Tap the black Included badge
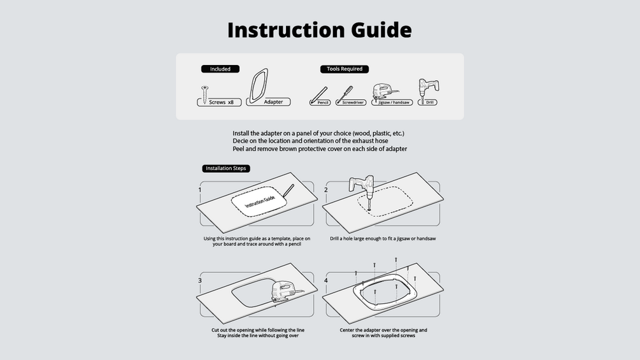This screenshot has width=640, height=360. tap(220, 69)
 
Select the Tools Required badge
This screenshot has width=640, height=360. tap(345, 69)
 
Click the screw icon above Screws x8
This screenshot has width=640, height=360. tap(204, 94)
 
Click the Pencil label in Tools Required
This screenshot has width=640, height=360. tap(323, 103)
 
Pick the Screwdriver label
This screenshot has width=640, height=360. tap(353, 103)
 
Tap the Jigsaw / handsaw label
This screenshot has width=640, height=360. tap(394, 103)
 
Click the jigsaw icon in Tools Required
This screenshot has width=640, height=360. tap(384, 91)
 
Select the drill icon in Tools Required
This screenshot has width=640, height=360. tap(428, 89)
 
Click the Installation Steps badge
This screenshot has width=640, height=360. tap(225, 168)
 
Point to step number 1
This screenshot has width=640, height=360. tap(199, 190)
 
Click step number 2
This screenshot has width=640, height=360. tap(325, 190)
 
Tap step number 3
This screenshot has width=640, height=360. tap(199, 280)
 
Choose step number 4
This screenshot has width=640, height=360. tap(325, 280)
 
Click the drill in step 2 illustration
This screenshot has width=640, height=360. tap(362, 190)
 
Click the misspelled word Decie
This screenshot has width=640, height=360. tap(240, 141)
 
